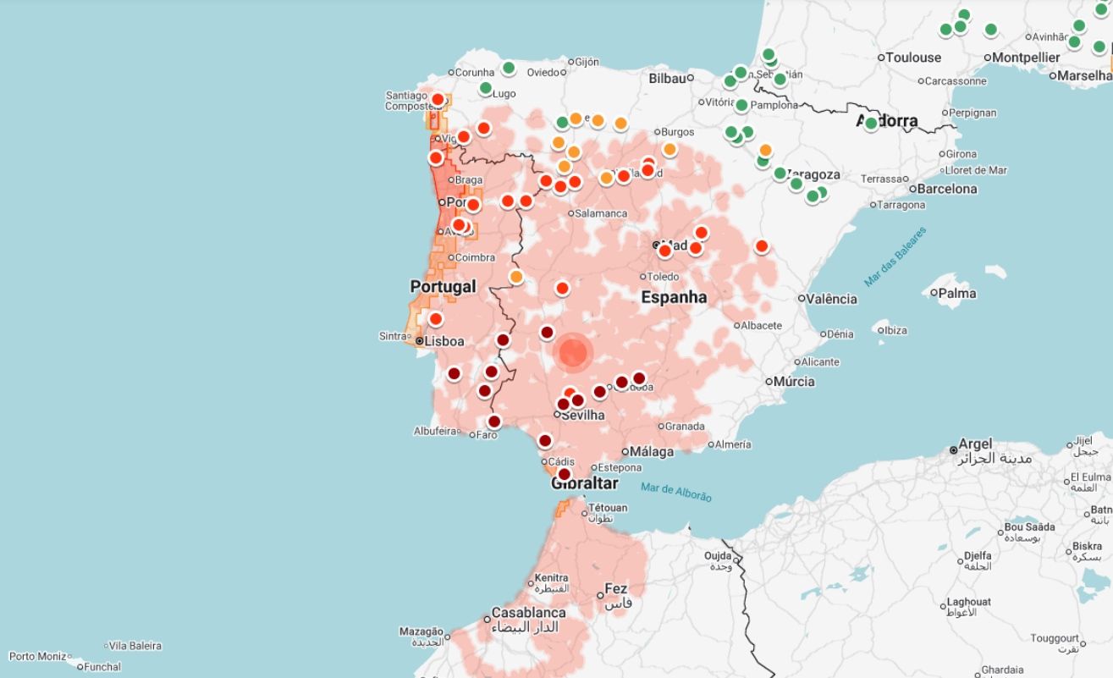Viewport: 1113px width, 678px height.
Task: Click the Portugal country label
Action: point(443,287)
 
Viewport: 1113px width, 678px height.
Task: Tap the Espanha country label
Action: point(674,297)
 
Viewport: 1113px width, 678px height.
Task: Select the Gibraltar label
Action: point(584,484)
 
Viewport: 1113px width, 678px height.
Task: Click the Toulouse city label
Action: point(913,58)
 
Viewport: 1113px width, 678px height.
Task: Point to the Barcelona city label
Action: point(947,189)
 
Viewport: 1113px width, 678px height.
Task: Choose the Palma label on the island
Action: point(957,294)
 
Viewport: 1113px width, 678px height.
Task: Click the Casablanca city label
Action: point(529,612)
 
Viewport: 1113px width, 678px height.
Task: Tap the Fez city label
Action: point(616,589)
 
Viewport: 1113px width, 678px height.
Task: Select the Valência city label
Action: point(833,299)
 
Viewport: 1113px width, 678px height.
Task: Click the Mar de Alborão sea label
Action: point(676,492)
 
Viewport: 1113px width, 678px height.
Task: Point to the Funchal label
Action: point(103,667)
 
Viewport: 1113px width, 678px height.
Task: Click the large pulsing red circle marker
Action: point(573,353)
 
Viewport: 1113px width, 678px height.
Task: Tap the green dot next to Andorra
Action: point(871,124)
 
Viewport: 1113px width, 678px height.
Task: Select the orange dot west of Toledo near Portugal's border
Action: point(516,277)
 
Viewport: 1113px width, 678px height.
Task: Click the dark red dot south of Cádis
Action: point(565,474)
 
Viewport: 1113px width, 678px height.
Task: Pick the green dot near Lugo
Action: point(486,88)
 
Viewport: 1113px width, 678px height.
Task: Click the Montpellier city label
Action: point(1026,58)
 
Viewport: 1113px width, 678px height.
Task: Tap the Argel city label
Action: point(975,444)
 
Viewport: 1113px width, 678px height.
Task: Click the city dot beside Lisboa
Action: point(419,341)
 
